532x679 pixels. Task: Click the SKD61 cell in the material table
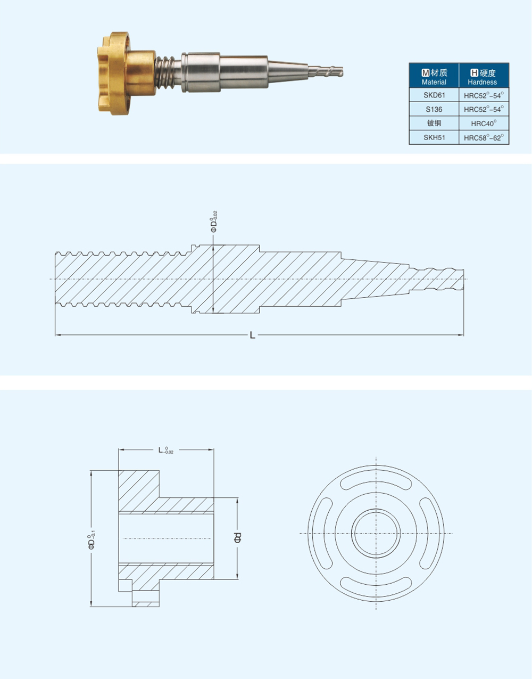[434, 95]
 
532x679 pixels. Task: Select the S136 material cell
[434, 109]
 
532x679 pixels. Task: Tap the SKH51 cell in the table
[434, 137]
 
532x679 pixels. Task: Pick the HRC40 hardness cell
[484, 124]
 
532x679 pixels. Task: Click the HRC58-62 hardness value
[484, 137]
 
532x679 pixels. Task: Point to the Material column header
[434, 76]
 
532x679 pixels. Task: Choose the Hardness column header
[484, 76]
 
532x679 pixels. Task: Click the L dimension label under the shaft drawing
[253, 336]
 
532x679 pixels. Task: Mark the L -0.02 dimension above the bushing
[165, 451]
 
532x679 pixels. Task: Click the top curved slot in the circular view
[376, 481]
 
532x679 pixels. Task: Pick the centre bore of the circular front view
[376, 533]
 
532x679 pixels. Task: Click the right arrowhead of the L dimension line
[461, 335]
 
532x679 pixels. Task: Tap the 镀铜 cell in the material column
[434, 124]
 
